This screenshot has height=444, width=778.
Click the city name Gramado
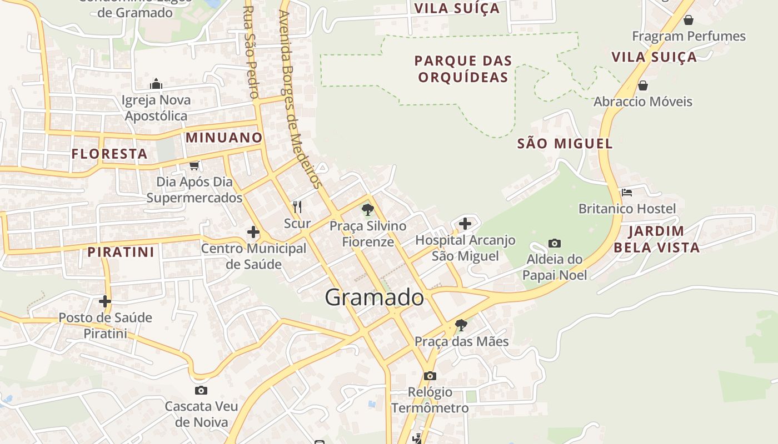pos(374,297)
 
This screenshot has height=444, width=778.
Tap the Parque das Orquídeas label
pos(463,69)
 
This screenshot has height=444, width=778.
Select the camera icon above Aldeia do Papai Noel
pos(554,243)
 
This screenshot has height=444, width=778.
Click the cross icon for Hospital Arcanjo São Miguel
pos(465,224)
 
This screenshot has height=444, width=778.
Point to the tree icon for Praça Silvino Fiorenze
pos(367,210)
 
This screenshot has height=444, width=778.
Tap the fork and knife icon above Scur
pos(297,207)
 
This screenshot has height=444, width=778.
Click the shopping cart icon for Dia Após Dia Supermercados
pos(194,165)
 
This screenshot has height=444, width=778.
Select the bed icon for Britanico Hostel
pos(627,193)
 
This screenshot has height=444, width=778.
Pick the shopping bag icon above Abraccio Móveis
pos(643,85)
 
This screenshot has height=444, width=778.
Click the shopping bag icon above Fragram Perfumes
pos(689,21)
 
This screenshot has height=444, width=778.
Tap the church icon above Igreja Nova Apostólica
pos(156,84)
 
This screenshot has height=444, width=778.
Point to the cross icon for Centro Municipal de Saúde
pos(253,232)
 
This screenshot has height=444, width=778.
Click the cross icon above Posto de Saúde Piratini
pos(105,301)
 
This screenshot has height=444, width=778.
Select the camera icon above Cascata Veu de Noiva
pos(201,390)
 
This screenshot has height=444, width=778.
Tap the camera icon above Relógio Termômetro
pos(430,376)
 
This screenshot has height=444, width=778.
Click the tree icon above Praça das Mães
pos(461,325)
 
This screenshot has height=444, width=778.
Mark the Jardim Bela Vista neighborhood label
pos(656,239)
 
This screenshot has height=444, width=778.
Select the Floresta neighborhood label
pos(109,154)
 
